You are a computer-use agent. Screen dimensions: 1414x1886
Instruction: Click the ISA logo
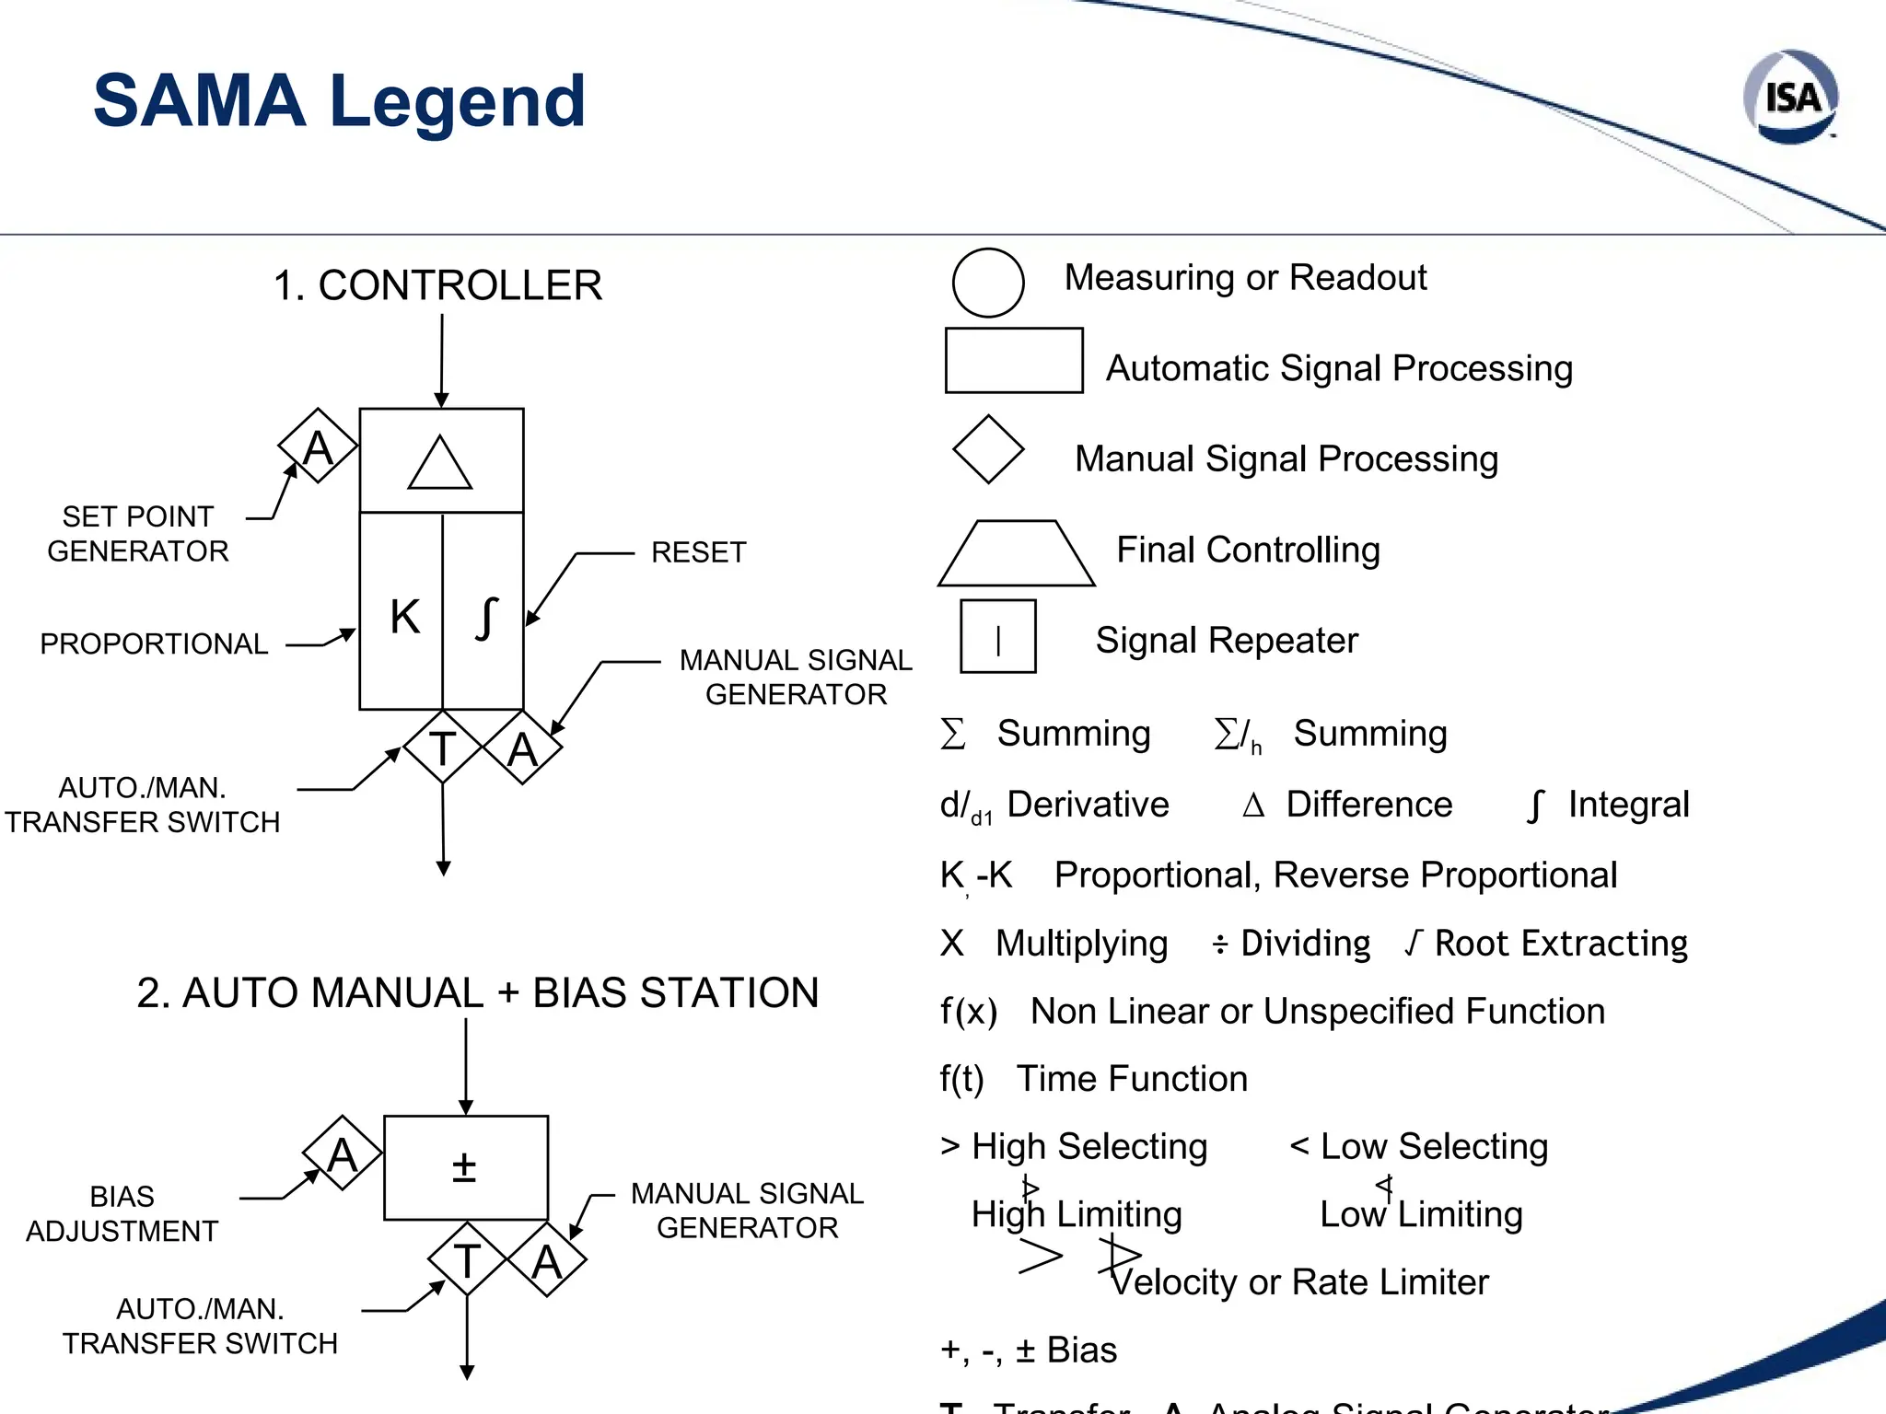[1791, 97]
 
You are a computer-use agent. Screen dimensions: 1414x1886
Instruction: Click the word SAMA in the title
[200, 100]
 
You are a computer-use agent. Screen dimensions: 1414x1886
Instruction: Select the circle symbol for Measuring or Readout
[988, 283]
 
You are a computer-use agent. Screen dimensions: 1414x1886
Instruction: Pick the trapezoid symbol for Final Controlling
[1017, 554]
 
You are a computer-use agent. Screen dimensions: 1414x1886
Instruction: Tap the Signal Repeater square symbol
[998, 637]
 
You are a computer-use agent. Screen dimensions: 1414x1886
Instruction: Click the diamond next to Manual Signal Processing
[988, 449]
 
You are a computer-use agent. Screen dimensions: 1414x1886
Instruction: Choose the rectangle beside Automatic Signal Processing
[1014, 360]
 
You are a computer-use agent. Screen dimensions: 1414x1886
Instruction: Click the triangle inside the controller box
[440, 463]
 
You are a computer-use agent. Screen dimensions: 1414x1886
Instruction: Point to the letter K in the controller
[404, 617]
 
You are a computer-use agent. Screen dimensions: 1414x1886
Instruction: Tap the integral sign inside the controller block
[486, 617]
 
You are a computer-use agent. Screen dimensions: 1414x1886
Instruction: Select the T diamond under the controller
[443, 748]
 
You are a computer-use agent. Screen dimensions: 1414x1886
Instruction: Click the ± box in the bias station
[465, 1167]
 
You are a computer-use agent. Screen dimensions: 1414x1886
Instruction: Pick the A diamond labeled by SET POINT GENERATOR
[318, 446]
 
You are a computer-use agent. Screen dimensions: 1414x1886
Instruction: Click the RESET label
[698, 552]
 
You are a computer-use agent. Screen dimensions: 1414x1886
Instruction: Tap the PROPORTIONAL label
[154, 643]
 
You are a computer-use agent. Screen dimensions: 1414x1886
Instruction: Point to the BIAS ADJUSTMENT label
[122, 1213]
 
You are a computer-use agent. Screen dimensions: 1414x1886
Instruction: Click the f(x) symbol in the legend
[968, 1011]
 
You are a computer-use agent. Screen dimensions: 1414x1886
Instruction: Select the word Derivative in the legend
[1088, 805]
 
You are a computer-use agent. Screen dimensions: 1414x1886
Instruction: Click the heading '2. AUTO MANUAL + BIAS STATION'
[477, 992]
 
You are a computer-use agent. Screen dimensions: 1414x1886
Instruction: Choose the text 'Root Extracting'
[1561, 944]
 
